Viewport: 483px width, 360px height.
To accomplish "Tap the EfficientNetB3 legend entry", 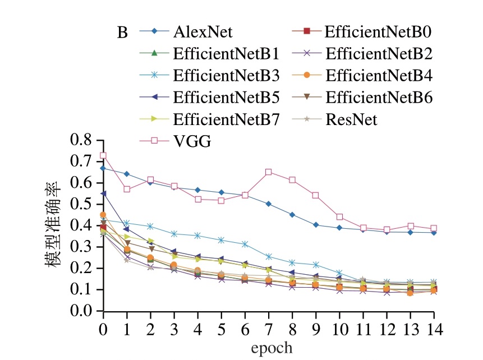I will click(x=226, y=75).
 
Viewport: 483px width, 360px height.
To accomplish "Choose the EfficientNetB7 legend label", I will click(x=226, y=119).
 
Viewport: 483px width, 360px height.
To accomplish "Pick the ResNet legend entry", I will click(x=351, y=119).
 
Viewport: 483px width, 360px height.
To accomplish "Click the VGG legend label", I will click(x=192, y=142).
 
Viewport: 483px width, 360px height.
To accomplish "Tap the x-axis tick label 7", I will click(x=269, y=327).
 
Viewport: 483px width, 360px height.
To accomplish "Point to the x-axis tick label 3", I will click(x=174, y=327).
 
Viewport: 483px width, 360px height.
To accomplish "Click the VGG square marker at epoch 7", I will click(x=269, y=172).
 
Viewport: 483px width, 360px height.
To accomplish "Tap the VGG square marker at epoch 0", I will click(x=103, y=155).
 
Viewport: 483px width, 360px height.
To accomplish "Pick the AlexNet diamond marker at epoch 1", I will click(x=127, y=174).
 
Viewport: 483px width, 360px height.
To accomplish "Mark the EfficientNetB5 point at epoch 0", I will click(x=103, y=193).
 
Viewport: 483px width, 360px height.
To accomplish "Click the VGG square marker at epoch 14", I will click(x=434, y=228).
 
